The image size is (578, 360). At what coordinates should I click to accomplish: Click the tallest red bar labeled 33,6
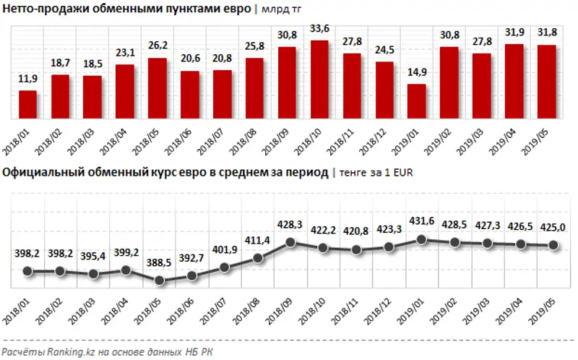click(319, 80)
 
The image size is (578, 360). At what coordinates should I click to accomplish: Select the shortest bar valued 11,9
click(27, 104)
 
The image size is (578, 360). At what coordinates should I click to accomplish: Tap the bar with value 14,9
click(416, 101)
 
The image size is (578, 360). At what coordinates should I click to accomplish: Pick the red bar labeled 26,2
click(157, 88)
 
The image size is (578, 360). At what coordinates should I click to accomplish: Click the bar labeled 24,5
click(384, 90)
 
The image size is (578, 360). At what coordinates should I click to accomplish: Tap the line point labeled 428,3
click(288, 242)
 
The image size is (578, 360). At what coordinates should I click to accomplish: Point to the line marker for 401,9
click(224, 267)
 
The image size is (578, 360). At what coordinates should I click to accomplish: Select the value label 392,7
click(191, 260)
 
